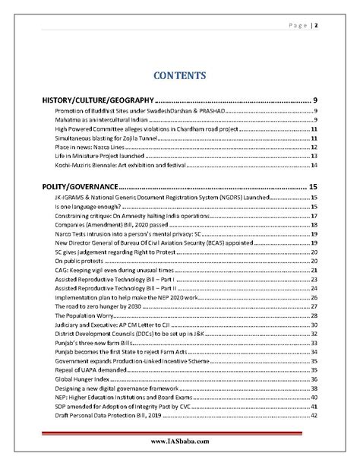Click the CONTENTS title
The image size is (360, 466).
tap(180, 75)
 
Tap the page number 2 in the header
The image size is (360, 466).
tap(315, 25)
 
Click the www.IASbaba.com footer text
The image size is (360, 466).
tap(180, 441)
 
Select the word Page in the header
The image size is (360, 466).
tap(297, 25)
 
